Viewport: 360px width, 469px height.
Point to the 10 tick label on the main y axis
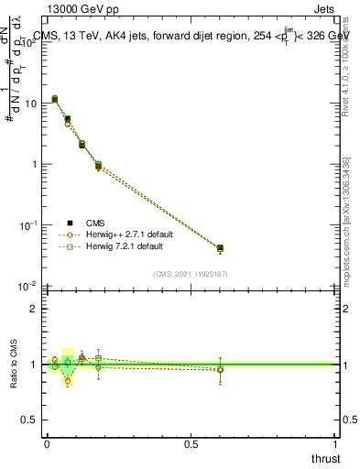(30, 104)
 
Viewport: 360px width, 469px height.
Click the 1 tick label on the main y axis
(34, 165)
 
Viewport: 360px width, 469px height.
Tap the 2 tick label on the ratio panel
(34, 309)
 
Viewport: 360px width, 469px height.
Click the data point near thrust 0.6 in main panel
(220, 248)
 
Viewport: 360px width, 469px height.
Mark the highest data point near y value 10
(55, 98)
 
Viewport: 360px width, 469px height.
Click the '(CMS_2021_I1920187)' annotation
(191, 274)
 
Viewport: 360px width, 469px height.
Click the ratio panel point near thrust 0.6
(220, 369)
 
